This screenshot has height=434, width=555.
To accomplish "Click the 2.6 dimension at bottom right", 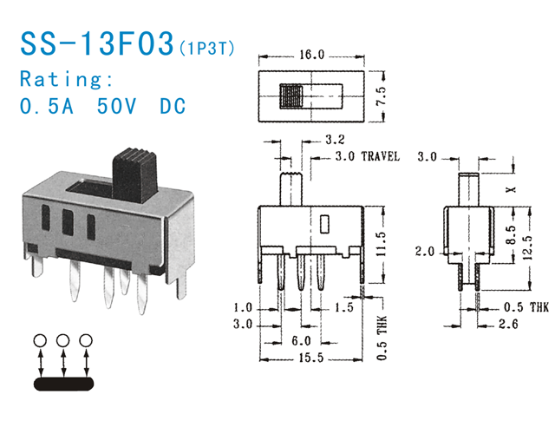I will pos(513,325).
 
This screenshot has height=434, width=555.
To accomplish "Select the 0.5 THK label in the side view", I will pos(526,307).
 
